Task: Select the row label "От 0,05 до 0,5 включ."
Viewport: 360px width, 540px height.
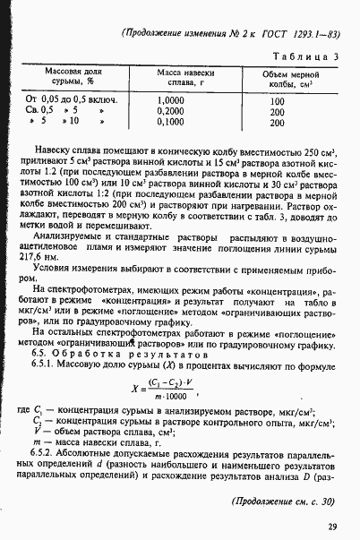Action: tap(65, 99)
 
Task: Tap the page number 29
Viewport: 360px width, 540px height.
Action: tap(331, 527)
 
